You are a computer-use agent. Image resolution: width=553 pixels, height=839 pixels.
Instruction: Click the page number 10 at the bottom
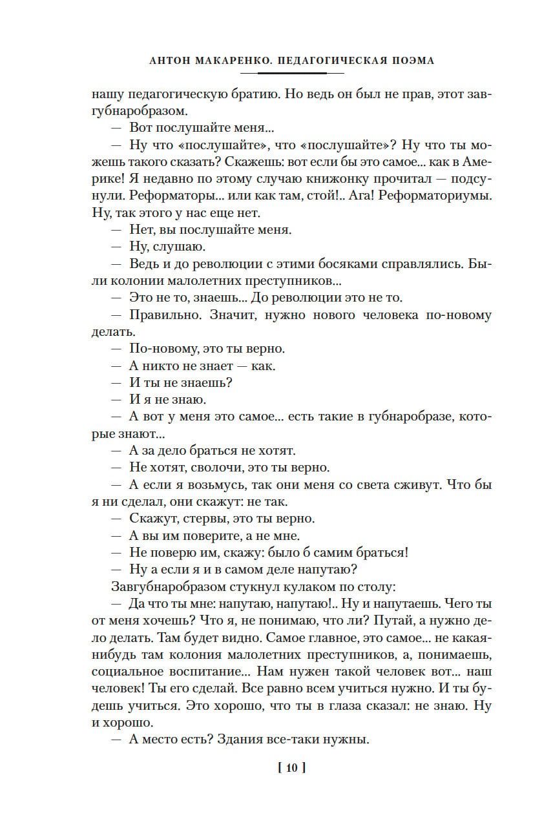[x=291, y=768]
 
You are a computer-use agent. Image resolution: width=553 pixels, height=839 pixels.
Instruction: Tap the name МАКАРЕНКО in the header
[x=231, y=61]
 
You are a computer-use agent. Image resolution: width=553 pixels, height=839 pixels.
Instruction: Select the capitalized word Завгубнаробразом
[x=169, y=586]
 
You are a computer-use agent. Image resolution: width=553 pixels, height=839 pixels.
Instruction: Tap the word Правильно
[x=160, y=315]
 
